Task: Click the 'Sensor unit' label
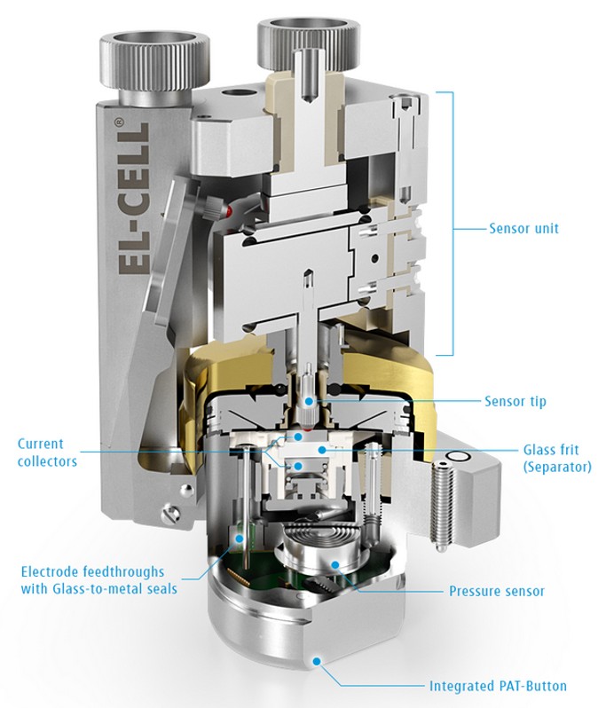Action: pos(524,228)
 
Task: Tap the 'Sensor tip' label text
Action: pos(515,401)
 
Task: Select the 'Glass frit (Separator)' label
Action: pos(557,458)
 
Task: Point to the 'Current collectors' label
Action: pos(47,452)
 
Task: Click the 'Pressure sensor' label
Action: pos(497,591)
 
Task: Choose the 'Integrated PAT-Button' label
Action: pos(498,686)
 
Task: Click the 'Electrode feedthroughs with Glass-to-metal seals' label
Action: pos(98,580)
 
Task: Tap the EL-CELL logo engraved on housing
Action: pos(133,199)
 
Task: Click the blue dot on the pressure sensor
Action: pos(334,564)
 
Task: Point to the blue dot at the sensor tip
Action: pos(308,401)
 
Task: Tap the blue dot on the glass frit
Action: pos(321,449)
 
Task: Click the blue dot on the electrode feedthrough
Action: pos(240,539)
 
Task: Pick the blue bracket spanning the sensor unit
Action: pos(452,224)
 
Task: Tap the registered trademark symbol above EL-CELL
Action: pos(119,121)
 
